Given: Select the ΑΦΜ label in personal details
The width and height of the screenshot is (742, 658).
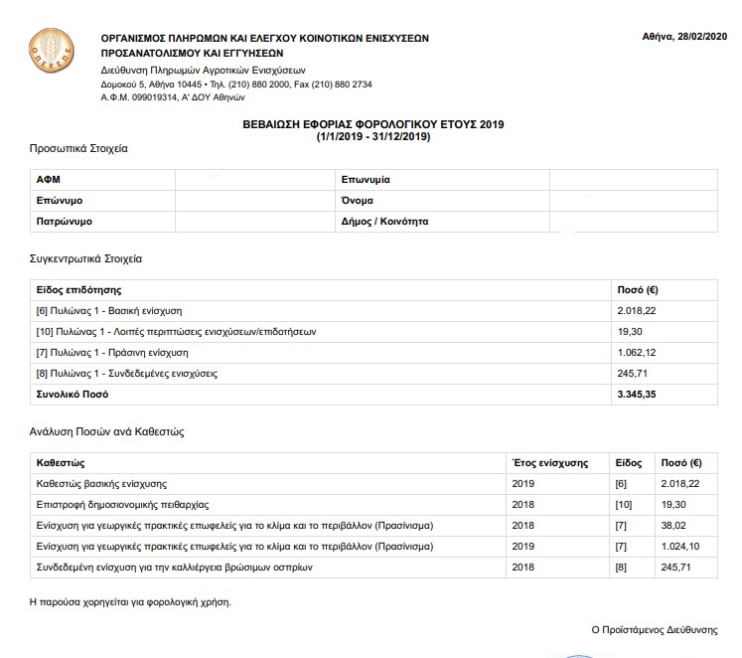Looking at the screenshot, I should [x=48, y=180].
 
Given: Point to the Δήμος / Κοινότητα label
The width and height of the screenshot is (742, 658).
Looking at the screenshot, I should [x=384, y=222].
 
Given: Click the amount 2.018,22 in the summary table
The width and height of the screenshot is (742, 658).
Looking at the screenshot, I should [x=637, y=310].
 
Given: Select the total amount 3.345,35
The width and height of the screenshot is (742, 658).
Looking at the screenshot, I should [x=637, y=395].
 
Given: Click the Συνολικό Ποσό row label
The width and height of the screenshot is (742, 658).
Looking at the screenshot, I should [x=73, y=395].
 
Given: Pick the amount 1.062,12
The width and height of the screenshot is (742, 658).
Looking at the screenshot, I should [x=637, y=353].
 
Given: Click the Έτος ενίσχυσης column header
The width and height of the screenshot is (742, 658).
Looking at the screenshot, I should [x=548, y=462].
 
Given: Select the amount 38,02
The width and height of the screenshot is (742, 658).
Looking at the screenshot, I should [x=672, y=525].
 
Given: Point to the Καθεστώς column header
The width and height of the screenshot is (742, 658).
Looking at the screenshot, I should [x=61, y=462].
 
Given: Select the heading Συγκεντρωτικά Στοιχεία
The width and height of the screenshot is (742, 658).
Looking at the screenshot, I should [x=85, y=258].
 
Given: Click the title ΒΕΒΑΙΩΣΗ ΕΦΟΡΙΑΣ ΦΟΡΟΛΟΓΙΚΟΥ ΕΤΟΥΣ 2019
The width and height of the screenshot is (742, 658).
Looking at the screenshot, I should [x=372, y=124].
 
